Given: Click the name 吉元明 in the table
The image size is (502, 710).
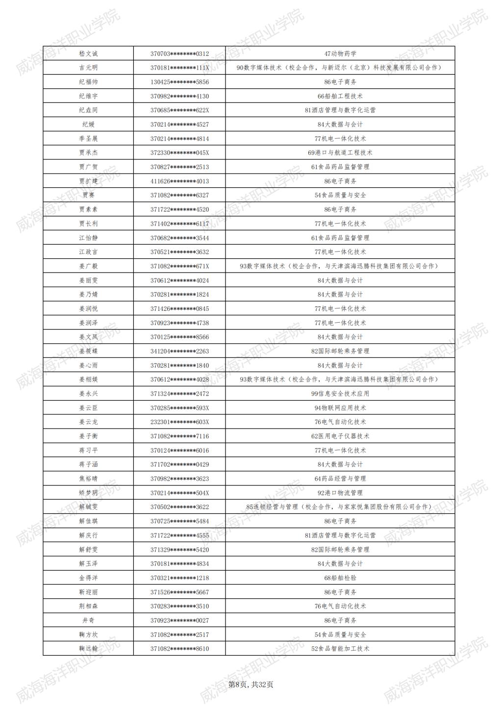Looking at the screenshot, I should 88,68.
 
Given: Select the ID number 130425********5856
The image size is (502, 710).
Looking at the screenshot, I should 179,82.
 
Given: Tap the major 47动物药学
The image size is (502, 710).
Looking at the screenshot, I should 340,53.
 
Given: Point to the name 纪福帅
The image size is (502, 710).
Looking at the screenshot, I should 88,82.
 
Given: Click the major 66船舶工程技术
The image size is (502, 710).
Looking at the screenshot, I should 340,96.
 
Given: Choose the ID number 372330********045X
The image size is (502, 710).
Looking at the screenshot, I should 179,152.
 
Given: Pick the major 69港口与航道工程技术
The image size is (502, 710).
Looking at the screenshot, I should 340,152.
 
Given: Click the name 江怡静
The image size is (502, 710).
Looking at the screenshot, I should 88,238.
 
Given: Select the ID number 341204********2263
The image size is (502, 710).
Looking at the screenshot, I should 179,351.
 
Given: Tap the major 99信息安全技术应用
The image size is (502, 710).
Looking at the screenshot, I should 340,394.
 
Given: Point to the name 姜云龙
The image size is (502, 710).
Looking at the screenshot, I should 88,422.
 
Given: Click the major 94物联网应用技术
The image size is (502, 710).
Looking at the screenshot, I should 340,408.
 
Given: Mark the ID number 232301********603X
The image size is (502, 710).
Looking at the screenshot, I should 179,422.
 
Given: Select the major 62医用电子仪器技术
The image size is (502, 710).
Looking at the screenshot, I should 340,436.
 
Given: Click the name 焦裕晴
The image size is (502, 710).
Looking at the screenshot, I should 88,479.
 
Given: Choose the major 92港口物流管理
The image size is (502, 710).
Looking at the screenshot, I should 340,493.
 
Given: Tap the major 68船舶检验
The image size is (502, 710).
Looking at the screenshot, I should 340,578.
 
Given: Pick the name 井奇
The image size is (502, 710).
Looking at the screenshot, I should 88,620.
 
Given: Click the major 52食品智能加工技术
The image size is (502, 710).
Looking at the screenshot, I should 340,649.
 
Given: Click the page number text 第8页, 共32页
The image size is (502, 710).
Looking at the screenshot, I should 251,685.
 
